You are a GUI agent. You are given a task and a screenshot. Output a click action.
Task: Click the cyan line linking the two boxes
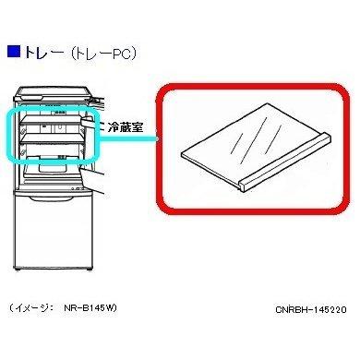tap(157, 140)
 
